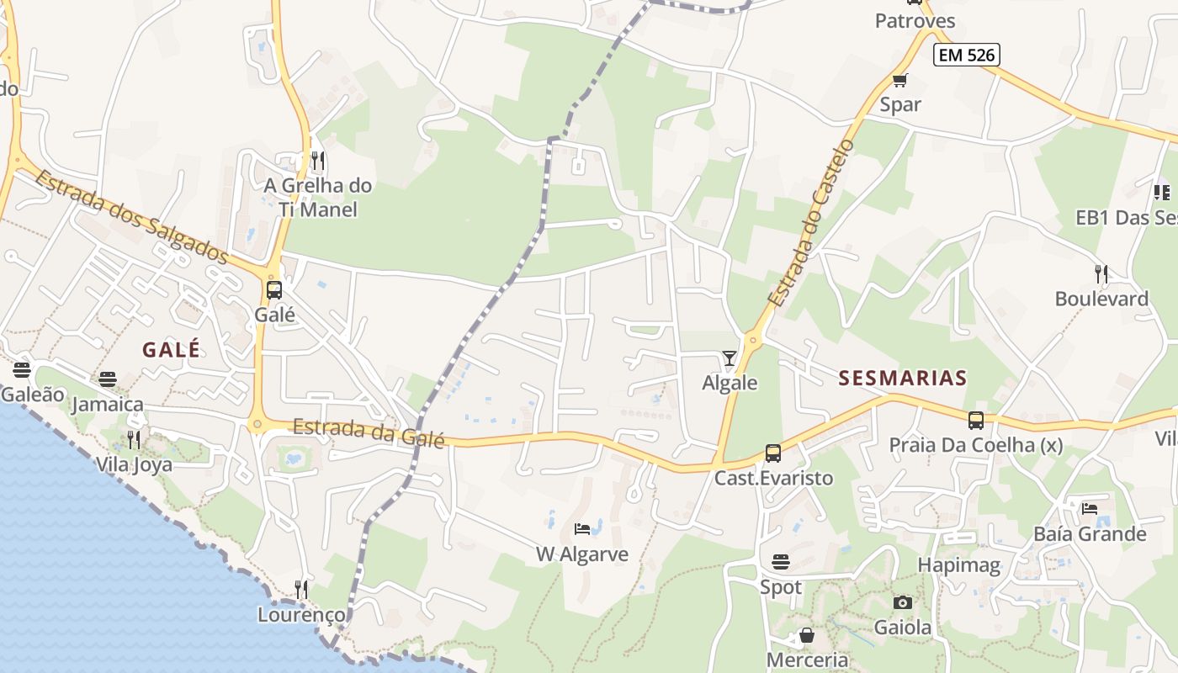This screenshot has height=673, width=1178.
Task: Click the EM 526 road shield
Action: pos(966,56)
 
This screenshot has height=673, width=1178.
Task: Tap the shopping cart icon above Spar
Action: pos(899,81)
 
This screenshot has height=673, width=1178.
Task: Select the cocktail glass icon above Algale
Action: pos(729,358)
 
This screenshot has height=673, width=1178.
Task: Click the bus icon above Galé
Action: pos(274,290)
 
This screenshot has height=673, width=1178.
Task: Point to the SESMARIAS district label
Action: pos(903,379)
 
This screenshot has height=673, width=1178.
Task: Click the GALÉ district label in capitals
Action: pos(172,350)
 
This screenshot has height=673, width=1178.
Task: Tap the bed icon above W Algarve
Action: pos(581,529)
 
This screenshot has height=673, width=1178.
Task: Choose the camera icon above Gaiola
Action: pos(902,602)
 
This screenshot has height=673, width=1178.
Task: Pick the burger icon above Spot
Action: pos(781,561)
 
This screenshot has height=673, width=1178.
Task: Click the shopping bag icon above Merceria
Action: pos(806,635)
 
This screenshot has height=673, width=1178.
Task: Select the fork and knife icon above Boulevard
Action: pos(1101,273)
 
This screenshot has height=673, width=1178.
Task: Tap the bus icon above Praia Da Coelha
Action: pos(975,420)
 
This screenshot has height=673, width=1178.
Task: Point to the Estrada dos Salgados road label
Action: pos(132,215)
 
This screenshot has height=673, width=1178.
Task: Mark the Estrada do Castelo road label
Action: pos(810,223)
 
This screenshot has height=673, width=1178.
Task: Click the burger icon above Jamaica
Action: pos(107,379)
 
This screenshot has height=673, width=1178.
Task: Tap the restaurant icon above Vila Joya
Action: pos(133,439)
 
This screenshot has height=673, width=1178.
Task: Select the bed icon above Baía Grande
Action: pos(1090,508)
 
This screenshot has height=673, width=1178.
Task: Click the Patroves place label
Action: pos(915,20)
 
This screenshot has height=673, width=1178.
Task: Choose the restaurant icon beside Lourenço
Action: pos(301,589)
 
